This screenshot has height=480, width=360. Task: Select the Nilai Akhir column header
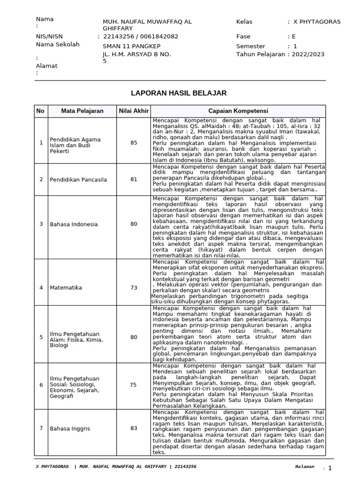(134, 111)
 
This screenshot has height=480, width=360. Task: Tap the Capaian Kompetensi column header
(238, 111)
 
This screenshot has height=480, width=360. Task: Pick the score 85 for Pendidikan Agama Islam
(134, 142)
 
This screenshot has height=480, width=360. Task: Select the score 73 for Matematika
(134, 287)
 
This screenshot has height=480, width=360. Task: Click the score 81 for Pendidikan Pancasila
(134, 179)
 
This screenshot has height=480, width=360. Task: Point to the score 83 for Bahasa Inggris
(134, 428)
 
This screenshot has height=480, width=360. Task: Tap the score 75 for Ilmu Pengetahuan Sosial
(134, 385)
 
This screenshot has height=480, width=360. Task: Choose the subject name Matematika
(66, 287)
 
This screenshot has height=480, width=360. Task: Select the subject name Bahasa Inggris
(70, 428)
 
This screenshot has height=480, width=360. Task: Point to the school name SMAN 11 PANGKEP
(131, 46)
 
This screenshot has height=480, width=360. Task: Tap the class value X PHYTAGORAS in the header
(317, 22)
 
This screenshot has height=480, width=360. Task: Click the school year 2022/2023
(310, 54)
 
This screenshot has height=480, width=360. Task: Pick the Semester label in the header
(251, 46)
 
